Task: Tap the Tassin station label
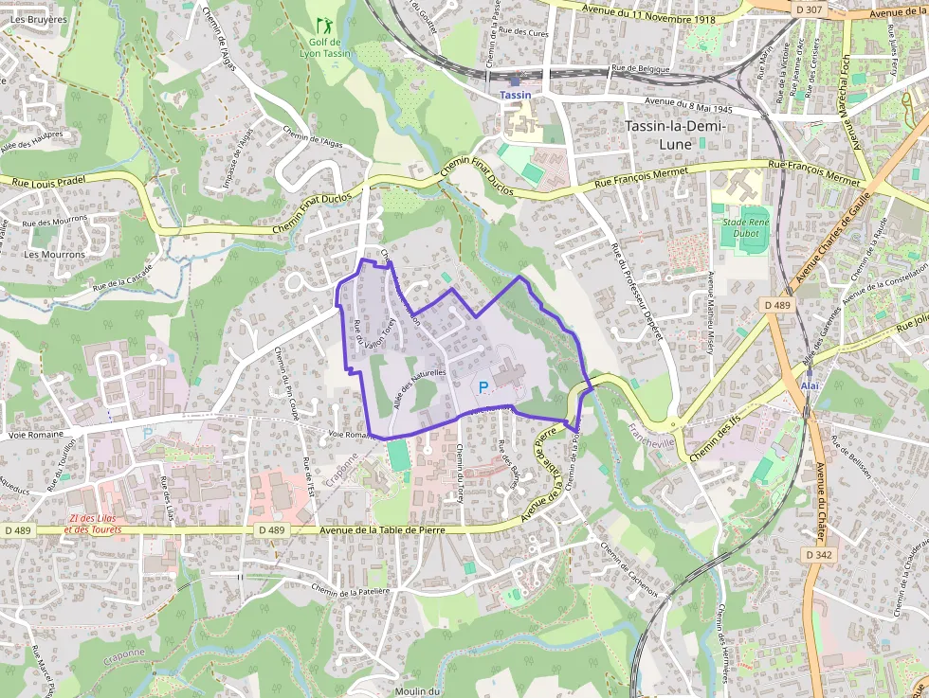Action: pos(516,95)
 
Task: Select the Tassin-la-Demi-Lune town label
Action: pos(676,134)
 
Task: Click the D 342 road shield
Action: pos(817,553)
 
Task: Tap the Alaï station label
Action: pos(809,386)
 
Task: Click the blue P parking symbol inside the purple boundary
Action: pos(483,386)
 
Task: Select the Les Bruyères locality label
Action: pos(39,19)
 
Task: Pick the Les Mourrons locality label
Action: pos(54,254)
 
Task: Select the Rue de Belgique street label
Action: pos(641,68)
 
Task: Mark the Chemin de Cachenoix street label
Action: pos(628,566)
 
